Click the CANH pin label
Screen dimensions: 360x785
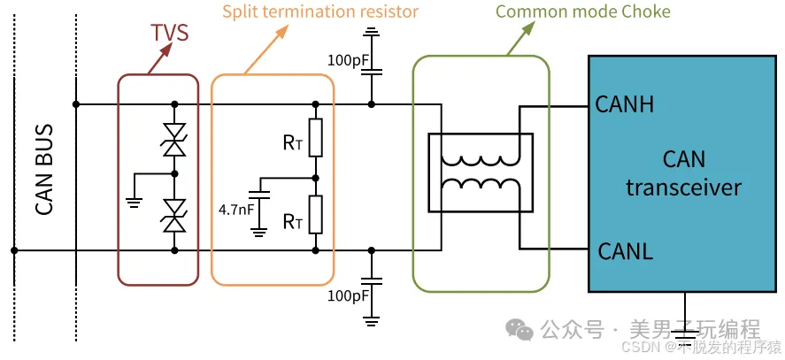pyautogui.click(x=625, y=105)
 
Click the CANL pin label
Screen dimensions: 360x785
pyautogui.click(x=624, y=250)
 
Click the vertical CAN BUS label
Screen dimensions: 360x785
pyautogui.click(x=44, y=177)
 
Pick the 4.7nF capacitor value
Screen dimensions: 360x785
pyautogui.click(x=237, y=211)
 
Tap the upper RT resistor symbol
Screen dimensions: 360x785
pyautogui.click(x=316, y=137)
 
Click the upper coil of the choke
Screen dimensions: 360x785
pyautogui.click(x=481, y=160)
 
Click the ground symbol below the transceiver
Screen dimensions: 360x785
pyautogui.click(x=683, y=336)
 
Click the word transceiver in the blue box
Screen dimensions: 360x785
pyautogui.click(x=683, y=188)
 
